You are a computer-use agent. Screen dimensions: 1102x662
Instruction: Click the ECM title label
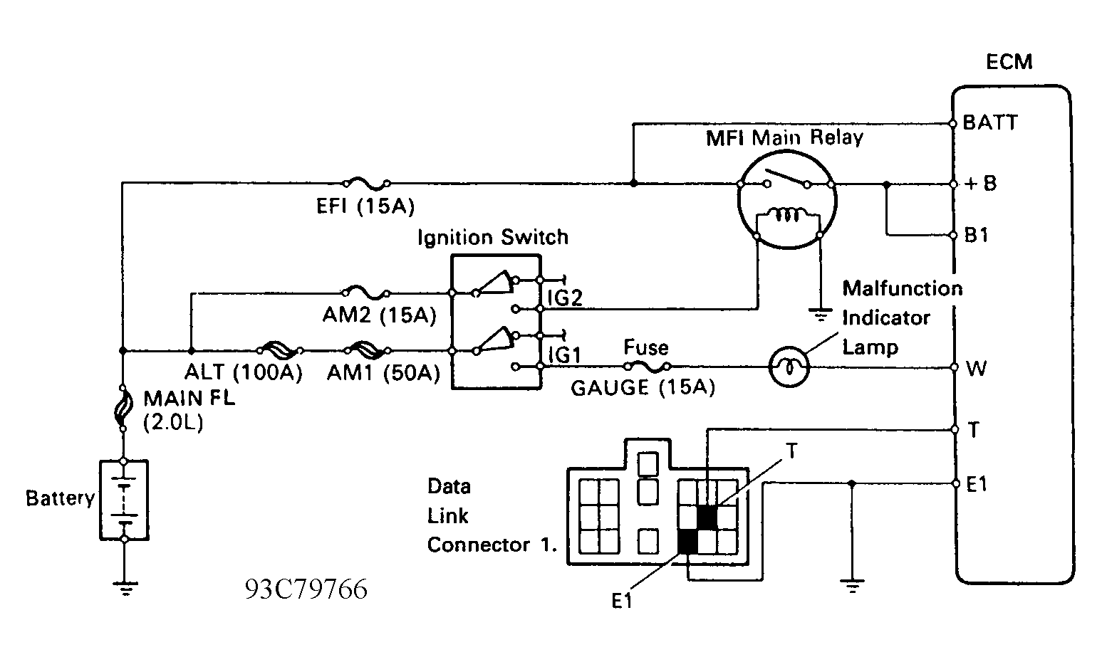1009,62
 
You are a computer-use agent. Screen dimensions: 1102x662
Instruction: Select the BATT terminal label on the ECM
990,122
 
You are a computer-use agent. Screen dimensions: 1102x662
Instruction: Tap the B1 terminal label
976,235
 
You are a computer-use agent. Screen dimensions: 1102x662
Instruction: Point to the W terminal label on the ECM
976,368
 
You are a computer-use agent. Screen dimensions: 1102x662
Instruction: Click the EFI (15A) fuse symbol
367,184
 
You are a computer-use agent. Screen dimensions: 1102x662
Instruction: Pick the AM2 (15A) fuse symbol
366,293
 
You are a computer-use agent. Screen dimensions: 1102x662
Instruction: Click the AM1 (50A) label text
383,373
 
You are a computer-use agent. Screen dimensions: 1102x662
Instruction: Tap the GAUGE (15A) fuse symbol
648,366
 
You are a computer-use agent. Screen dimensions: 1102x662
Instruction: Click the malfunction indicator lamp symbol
789,367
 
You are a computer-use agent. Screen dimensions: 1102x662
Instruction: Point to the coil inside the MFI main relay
787,214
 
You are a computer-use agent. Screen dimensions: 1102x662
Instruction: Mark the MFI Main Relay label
784,137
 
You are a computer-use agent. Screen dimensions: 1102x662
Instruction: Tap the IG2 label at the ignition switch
565,298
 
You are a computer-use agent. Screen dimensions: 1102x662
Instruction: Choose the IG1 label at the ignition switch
565,354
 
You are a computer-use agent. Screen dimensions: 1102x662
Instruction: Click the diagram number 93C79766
306,589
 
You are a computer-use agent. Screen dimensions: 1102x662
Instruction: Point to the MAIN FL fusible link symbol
123,407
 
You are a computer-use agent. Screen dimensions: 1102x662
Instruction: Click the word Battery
60,498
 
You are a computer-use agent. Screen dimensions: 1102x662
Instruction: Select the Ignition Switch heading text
493,237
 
